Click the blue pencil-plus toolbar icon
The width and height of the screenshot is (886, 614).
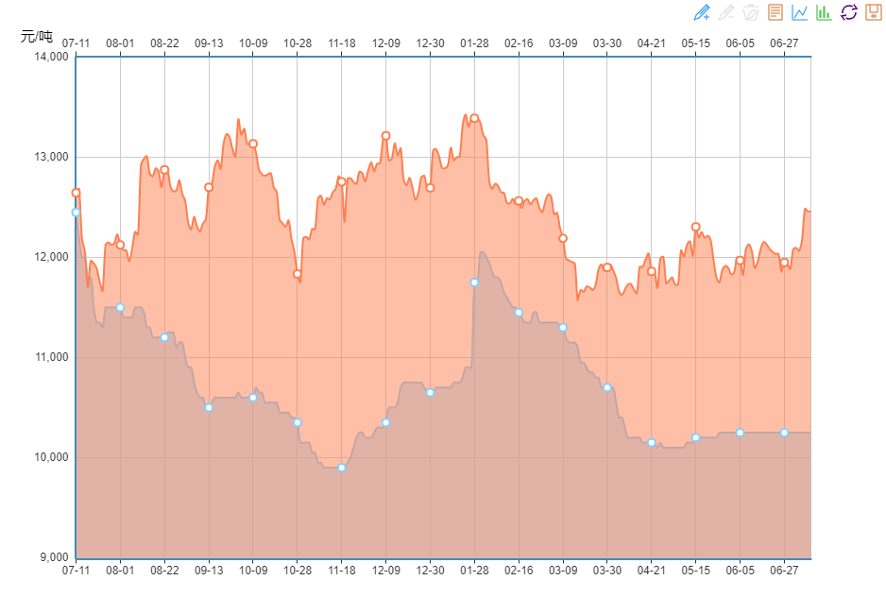click(702, 12)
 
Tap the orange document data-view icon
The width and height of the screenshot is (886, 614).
click(775, 12)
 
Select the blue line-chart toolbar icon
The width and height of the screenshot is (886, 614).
click(800, 12)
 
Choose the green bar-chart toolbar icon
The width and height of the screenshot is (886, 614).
click(824, 12)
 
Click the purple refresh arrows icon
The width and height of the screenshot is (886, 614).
click(848, 12)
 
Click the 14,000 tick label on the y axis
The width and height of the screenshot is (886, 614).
click(50, 57)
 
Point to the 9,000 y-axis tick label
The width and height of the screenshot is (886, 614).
click(53, 557)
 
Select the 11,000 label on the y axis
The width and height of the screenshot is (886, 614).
click(50, 357)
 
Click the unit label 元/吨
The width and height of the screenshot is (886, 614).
click(38, 37)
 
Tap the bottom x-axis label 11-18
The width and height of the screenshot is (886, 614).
click(342, 571)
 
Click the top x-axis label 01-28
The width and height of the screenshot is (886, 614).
click(474, 43)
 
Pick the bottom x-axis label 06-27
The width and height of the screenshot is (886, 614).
click(784, 571)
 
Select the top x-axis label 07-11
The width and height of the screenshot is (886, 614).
click(76, 43)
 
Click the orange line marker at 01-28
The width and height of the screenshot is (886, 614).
click(474, 118)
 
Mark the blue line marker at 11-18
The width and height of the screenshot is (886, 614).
click(342, 468)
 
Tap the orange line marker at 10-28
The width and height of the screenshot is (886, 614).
click(298, 274)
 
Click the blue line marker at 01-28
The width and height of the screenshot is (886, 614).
click(474, 282)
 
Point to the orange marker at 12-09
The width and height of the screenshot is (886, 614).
click(385, 136)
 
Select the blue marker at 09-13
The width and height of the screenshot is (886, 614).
click(209, 407)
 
